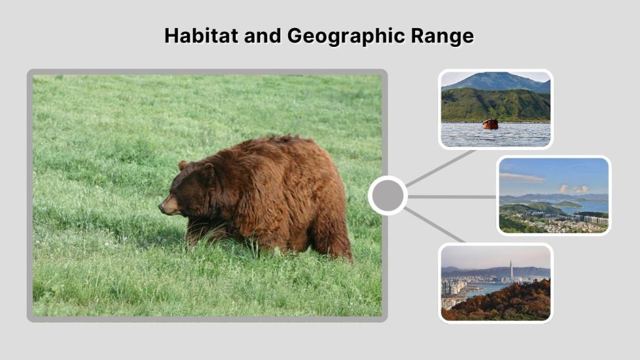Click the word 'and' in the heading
[x=262, y=36]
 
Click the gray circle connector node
[x=387, y=196]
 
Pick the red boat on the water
[x=491, y=124]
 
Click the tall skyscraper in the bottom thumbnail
[x=511, y=270]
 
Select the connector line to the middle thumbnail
[x=451, y=196]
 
